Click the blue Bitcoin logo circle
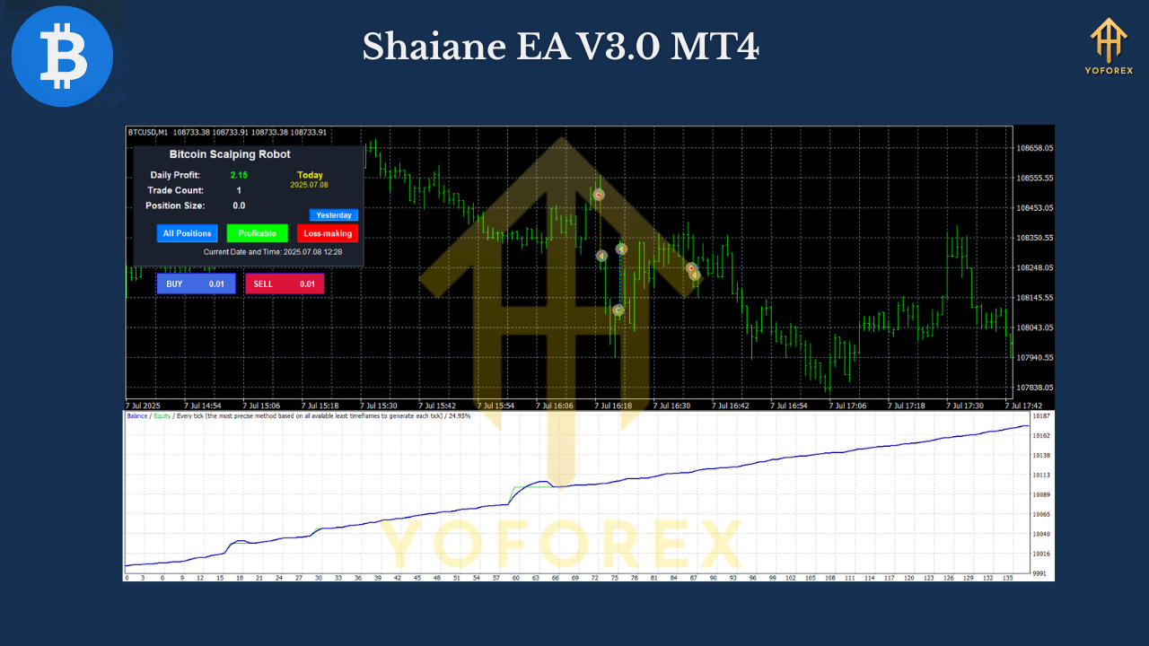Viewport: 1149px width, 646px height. [x=62, y=56]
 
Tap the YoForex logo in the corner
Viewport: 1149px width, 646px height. [x=1109, y=47]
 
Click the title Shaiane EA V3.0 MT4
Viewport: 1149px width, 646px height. [x=560, y=47]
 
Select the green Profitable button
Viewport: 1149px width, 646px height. [x=257, y=233]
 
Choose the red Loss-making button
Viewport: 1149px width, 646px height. [x=328, y=233]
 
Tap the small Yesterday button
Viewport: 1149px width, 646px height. [x=334, y=215]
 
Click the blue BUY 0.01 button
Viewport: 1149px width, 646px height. [x=196, y=284]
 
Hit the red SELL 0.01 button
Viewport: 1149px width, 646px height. [x=285, y=284]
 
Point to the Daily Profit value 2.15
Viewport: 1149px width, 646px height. [x=239, y=175]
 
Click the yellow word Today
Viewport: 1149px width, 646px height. [x=310, y=175]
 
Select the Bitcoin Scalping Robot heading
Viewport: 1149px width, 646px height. [x=230, y=154]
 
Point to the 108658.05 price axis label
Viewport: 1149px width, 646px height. [x=1035, y=148]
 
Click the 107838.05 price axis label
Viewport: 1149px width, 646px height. [x=1035, y=388]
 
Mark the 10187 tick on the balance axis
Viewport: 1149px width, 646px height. [x=1041, y=417]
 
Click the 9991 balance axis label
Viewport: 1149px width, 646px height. [x=1039, y=572]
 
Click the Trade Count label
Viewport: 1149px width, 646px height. [x=176, y=190]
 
